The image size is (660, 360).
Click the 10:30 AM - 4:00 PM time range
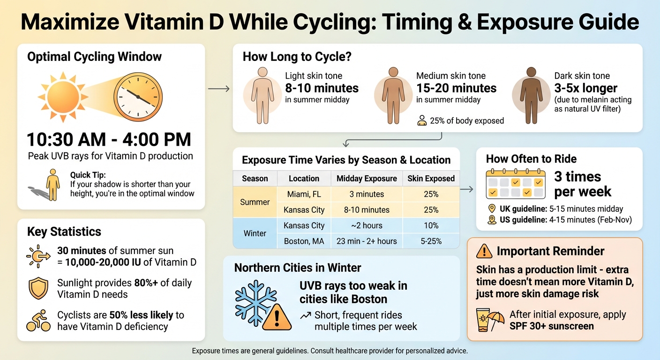pyautogui.click(x=109, y=140)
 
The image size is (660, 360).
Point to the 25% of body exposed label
pyautogui.click(x=466, y=121)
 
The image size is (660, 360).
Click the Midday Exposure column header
pyautogui.click(x=367, y=179)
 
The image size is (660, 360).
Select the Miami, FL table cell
pyautogui.click(x=304, y=194)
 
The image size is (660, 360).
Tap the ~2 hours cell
pyautogui.click(x=367, y=225)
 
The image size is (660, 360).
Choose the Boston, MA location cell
pyautogui.click(x=304, y=241)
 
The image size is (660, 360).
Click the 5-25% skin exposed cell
pyautogui.click(x=431, y=241)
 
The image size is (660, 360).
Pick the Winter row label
pyautogui.click(x=255, y=233)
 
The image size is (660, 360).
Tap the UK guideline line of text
pyautogui.click(x=561, y=209)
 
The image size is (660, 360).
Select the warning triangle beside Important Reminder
pyautogui.click(x=484, y=252)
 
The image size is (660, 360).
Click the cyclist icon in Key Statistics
pyautogui.click(x=39, y=321)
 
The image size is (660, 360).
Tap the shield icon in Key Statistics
pyautogui.click(x=39, y=288)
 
